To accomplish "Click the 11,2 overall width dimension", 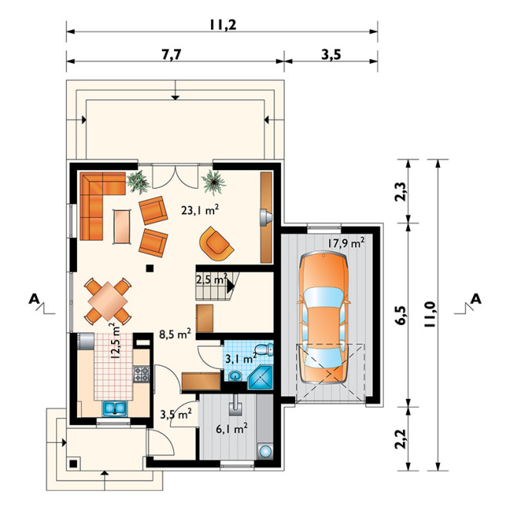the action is point(223,25).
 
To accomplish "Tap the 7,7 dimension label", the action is point(171,55).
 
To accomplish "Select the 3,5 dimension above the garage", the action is point(331,55).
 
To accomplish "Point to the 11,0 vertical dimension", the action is point(430,314).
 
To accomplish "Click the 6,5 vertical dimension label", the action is point(401,315).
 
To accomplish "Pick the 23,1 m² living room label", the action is point(200,210).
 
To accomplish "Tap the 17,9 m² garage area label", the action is point(345,243).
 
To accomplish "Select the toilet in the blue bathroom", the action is point(263,350).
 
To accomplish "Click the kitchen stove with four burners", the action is point(142,374).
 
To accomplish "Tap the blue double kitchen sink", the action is point(115,408).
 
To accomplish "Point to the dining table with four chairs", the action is point(108,301).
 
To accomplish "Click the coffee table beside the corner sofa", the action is point(122,226).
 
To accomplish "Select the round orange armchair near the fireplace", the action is point(216,243).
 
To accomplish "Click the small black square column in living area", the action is point(149,268).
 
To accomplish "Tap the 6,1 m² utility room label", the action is point(232,428).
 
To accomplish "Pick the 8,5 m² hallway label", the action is point(175,334).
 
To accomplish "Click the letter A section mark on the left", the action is point(34,299).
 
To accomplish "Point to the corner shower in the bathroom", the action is point(260,377).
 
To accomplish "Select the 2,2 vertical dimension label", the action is point(401,439).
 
